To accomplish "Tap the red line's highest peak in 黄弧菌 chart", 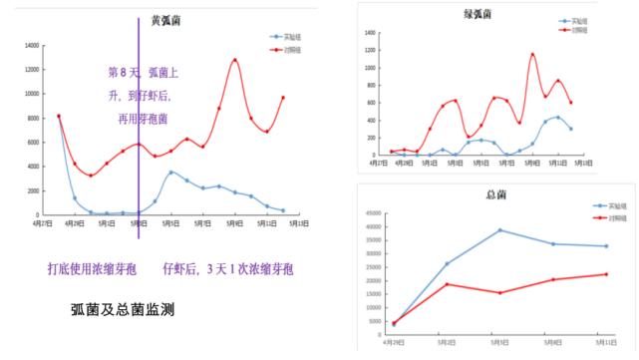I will [x=235, y=60].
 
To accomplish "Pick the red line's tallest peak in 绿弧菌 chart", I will [x=532, y=54].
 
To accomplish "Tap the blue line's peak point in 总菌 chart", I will [x=500, y=230].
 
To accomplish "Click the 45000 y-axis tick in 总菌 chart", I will [x=374, y=212].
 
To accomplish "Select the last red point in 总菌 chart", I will [x=607, y=274].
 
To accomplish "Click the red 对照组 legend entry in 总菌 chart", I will [x=597, y=217].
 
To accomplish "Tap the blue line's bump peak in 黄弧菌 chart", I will [x=171, y=173].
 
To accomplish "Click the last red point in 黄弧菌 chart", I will [x=283, y=98].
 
